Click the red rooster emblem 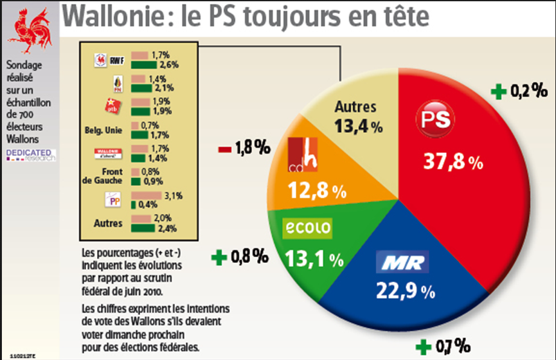[x=30, y=31]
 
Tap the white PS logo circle [x=438, y=119]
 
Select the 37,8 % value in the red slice [x=453, y=161]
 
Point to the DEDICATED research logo [x=30, y=155]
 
